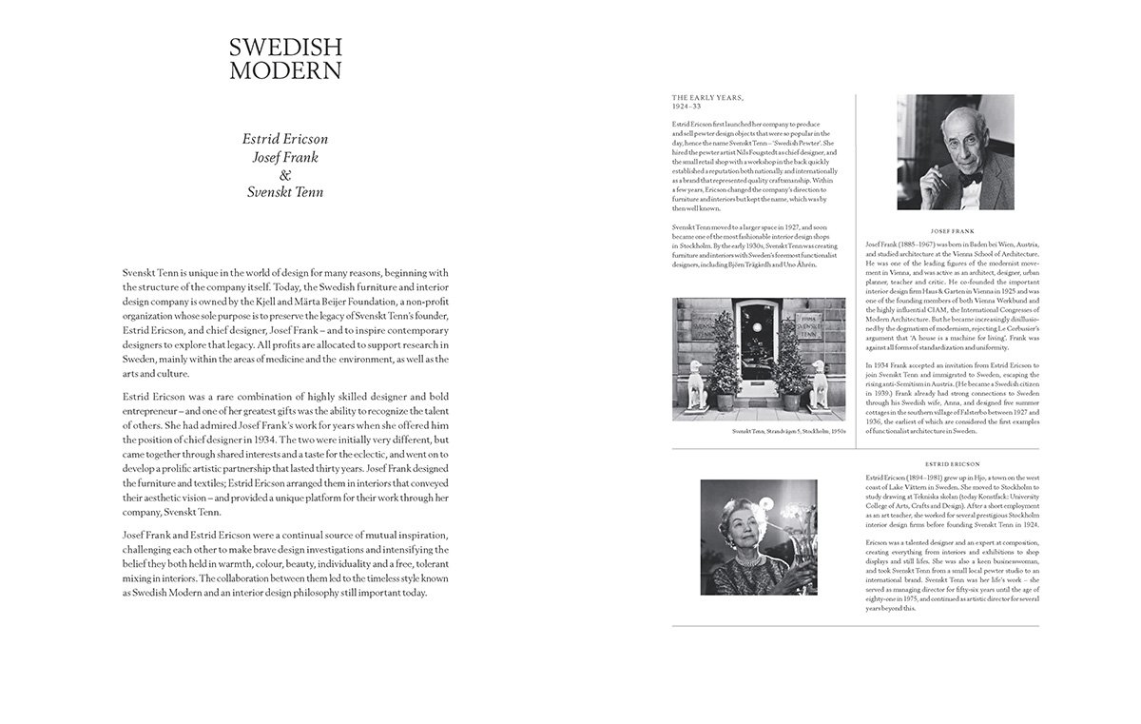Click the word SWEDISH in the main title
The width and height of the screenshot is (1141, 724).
click(x=285, y=48)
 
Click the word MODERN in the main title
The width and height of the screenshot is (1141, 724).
click(x=285, y=69)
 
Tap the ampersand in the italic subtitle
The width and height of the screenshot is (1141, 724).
click(x=283, y=175)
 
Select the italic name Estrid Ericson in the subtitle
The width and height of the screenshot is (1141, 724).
click(x=283, y=139)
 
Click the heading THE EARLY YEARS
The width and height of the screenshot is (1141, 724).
click(x=707, y=98)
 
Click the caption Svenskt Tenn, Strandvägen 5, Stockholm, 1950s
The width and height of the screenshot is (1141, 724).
click(x=788, y=431)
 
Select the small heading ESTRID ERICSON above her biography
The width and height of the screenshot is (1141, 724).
click(x=953, y=463)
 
